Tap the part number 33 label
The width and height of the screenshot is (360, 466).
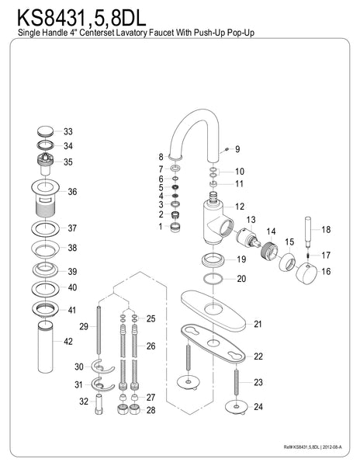[69, 131]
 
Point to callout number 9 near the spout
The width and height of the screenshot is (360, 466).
[237, 149]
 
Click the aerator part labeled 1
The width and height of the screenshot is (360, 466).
[176, 227]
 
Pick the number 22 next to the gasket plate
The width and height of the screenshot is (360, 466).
[258, 356]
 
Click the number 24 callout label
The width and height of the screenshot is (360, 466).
[258, 407]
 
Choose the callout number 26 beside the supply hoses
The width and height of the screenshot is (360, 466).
[151, 346]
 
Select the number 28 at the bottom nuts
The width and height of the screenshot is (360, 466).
[151, 410]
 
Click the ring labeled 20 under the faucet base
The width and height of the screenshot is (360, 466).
[210, 279]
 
